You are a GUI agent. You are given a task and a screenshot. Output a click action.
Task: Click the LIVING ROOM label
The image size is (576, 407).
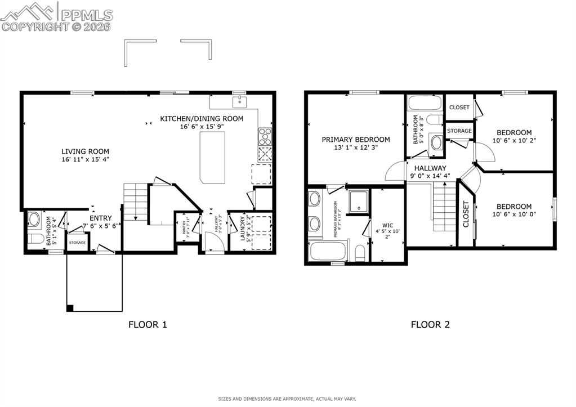[85, 151]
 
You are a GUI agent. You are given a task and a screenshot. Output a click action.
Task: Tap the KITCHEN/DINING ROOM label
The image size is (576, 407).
[202, 119]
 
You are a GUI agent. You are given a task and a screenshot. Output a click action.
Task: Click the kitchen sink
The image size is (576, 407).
[240, 101]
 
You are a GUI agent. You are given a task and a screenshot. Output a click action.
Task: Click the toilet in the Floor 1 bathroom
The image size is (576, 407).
[35, 239]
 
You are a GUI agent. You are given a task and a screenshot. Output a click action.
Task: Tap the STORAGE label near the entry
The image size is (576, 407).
[77, 243]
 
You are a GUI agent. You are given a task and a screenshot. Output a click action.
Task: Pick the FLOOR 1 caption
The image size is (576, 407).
[148, 324]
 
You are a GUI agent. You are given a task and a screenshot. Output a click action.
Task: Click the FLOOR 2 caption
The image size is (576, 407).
[430, 324]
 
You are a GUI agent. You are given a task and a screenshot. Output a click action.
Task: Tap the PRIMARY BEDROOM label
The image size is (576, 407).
[356, 140]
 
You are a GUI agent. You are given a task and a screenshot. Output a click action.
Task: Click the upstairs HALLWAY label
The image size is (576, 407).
[430, 168]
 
